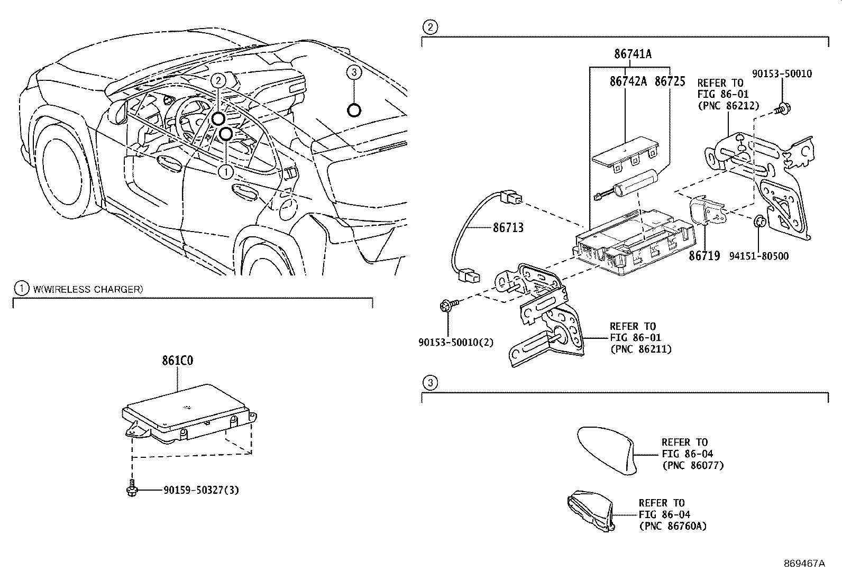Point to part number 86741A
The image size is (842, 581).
pos(633,54)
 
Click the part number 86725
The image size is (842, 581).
pos(670,81)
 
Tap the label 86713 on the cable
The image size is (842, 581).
pos(508,228)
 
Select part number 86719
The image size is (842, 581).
pos(704,256)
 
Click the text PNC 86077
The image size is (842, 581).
pos(692,465)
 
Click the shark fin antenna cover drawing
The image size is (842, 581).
pos(606,448)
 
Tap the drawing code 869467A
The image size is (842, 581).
pos(804,564)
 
